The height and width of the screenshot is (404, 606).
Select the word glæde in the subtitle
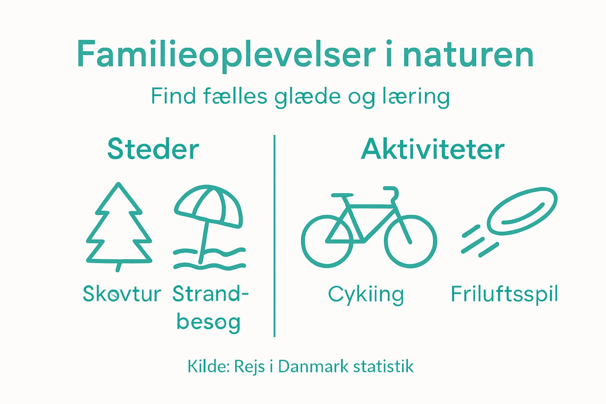pyautogui.click(x=307, y=97)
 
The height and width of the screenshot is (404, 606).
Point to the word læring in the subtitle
pyautogui.click(x=416, y=97)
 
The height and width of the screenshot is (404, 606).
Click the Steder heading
pyautogui.click(x=153, y=150)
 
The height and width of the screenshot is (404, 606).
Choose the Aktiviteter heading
pyautogui.click(x=433, y=150)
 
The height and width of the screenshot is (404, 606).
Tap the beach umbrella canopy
pyautogui.click(x=208, y=205)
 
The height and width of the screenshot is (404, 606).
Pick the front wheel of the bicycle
pyautogui.click(x=410, y=241)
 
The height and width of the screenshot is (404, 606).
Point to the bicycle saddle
pyautogui.click(x=342, y=195)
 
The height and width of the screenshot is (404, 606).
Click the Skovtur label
pyautogui.click(x=122, y=294)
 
